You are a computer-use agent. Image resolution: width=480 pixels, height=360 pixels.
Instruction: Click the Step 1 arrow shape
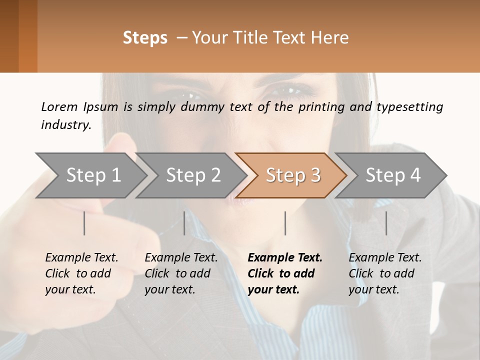coord(93,175)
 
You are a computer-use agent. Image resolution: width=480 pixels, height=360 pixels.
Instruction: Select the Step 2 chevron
coord(193,175)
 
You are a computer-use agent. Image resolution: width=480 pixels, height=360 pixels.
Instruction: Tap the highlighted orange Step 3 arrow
coord(293,175)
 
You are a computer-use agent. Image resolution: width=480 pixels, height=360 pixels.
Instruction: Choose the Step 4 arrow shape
coord(393,175)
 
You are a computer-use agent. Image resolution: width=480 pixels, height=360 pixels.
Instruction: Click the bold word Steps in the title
coord(145,38)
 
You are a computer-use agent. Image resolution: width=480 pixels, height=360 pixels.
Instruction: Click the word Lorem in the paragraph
coord(59,106)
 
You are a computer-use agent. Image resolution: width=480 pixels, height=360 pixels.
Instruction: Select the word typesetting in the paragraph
coord(409,106)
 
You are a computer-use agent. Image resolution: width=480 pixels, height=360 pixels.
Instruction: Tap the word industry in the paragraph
coord(65,124)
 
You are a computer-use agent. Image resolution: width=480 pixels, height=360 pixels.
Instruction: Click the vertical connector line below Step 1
coord(84,223)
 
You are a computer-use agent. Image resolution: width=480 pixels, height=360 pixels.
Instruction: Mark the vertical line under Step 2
coord(184,223)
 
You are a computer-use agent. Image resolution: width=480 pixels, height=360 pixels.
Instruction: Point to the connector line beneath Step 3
coord(285,223)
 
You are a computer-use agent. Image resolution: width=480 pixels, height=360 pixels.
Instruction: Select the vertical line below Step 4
coord(386,223)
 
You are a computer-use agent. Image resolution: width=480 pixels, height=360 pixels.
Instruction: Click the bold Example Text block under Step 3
coord(284,273)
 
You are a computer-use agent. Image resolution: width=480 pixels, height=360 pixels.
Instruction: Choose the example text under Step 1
coord(81,273)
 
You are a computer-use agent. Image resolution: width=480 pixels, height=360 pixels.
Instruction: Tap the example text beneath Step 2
coord(181,273)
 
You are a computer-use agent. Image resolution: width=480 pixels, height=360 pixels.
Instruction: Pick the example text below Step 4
coord(385,273)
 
